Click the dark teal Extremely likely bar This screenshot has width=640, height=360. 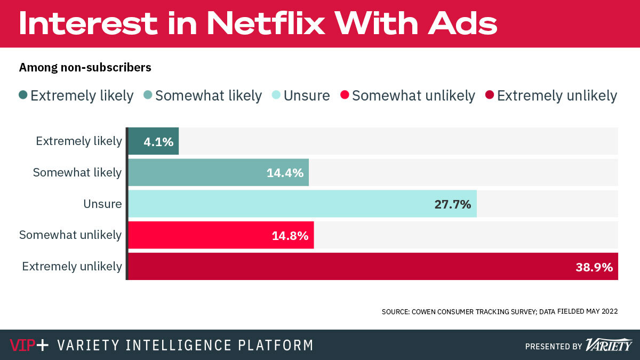pyautogui.click(x=154, y=141)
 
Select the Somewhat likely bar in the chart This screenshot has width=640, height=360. pyautogui.click(x=218, y=173)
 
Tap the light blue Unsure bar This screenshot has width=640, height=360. pyautogui.click(x=302, y=204)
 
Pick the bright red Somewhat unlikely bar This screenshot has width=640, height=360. pyautogui.click(x=221, y=235)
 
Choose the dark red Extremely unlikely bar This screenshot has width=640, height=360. pyautogui.click(x=373, y=266)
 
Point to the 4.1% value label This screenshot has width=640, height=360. pyautogui.click(x=158, y=142)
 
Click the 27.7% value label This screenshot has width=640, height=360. pyautogui.click(x=452, y=204)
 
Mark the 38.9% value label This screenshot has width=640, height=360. pyautogui.click(x=594, y=267)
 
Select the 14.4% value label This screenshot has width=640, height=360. pyautogui.click(x=285, y=173)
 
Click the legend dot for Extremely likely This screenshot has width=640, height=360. pyautogui.click(x=23, y=95)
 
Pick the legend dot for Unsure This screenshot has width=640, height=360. pyautogui.click(x=276, y=95)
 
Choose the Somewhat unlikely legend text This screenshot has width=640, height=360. pyautogui.click(x=413, y=96)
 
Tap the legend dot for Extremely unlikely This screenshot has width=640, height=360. pyautogui.click(x=490, y=95)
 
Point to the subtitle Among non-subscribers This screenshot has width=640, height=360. pyautogui.click(x=85, y=68)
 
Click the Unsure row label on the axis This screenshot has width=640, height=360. pyautogui.click(x=102, y=204)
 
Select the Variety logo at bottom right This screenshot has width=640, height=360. pyautogui.click(x=609, y=345)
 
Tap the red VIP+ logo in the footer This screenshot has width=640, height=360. pyautogui.click(x=29, y=345)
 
